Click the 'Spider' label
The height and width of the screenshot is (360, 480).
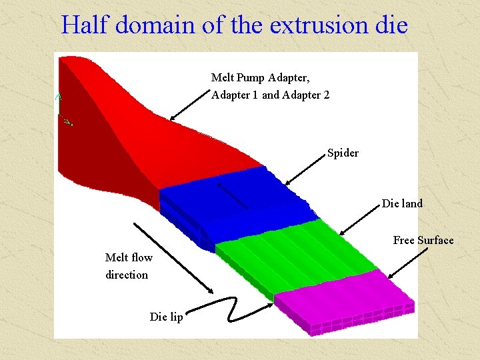(x=343, y=153)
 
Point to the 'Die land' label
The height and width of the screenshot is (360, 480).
(x=402, y=204)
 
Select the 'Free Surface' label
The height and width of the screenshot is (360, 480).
(x=423, y=241)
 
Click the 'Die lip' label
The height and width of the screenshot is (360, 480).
(x=166, y=317)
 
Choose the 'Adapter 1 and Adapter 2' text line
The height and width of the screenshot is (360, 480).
(x=270, y=95)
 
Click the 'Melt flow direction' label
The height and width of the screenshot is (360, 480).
(x=128, y=266)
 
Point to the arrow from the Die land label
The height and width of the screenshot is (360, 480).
(x=360, y=220)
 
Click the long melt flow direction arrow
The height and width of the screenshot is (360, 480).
(x=173, y=257)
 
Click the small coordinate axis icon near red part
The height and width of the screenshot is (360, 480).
(x=63, y=110)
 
